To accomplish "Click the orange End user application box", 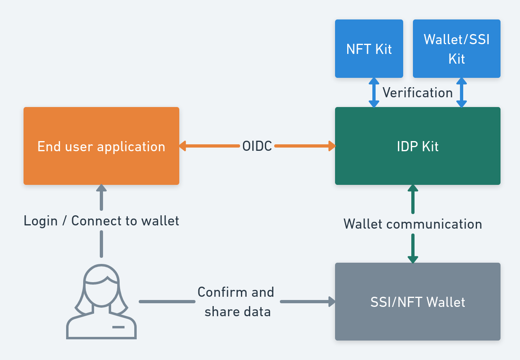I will pos(101,146).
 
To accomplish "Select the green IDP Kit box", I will pos(417,146).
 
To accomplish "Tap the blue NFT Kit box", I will pos(369,49).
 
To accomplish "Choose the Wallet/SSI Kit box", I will pos(456,49).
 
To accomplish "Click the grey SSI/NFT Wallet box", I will pos(417,302).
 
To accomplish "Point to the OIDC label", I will pos(257,146).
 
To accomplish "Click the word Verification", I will pos(417,93).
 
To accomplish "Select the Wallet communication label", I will pos(413,224).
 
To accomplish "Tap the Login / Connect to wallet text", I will pos(101,221).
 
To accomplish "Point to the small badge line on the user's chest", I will pos(118,327).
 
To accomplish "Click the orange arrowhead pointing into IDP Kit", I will pos(331,146).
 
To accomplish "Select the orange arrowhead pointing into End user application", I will pos(183,146).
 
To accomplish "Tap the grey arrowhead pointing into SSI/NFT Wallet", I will pos(331,302).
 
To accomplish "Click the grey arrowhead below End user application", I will pos(101,189).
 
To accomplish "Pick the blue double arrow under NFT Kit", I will pos(374,92).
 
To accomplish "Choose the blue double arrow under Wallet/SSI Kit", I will pos(461,92).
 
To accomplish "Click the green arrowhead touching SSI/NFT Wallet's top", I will pos(413,259).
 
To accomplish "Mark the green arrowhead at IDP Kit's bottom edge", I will pos(413,189).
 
